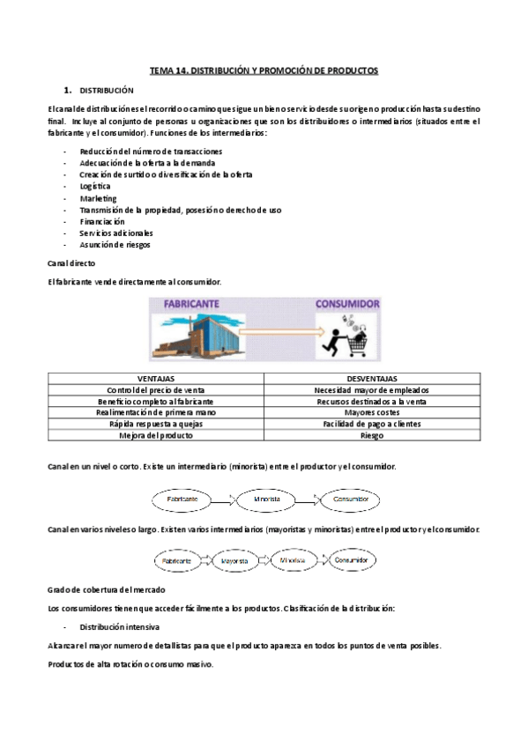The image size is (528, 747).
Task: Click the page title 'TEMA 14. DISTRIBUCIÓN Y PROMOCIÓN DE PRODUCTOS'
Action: (264, 70)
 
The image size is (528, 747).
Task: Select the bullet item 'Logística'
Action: (94, 187)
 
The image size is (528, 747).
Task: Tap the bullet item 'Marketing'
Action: (97, 198)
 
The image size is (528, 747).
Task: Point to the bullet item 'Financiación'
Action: (101, 222)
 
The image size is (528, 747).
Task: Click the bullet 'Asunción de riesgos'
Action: (114, 245)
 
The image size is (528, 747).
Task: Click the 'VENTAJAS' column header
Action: (155, 378)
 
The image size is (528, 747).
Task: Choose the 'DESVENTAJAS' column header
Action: (372, 378)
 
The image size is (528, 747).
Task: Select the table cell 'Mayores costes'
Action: (372, 412)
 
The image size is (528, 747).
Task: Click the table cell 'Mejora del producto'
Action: (155, 435)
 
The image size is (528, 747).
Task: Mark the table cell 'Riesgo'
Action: (372, 435)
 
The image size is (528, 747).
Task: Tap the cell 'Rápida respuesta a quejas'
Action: (155, 424)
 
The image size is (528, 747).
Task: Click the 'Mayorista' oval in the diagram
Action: (234, 559)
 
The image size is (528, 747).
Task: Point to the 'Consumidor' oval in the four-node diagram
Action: (350, 559)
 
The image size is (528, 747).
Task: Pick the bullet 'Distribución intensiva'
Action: (119, 627)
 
